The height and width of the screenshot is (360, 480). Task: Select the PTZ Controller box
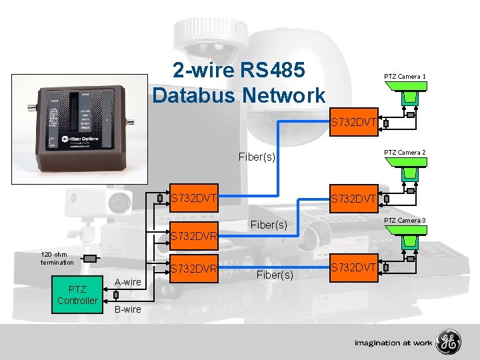[x=77, y=294]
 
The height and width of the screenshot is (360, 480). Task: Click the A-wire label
[x=128, y=282]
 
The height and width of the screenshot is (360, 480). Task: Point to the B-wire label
[x=127, y=309]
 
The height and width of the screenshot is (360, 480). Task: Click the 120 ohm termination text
[x=57, y=258]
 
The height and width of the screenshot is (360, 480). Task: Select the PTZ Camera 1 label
[x=405, y=77]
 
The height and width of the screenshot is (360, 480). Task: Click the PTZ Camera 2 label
[x=405, y=153]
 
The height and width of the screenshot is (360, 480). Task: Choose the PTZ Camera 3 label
[x=405, y=220]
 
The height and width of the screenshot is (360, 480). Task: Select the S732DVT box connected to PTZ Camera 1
[x=355, y=122]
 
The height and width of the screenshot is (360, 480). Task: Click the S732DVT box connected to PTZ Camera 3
[x=355, y=267]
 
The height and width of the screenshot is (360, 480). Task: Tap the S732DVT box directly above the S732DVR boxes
[x=194, y=198]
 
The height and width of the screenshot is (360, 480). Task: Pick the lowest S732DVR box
[x=194, y=269]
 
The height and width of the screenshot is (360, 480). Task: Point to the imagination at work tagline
[x=393, y=343]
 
